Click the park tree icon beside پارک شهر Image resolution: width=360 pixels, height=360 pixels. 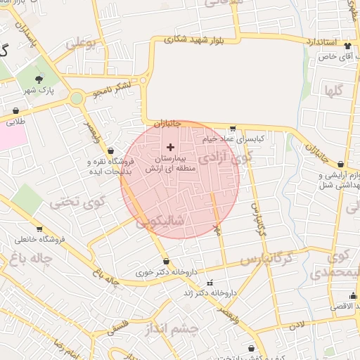click(x=39, y=79)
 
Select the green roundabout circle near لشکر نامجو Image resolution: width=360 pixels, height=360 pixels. click(x=77, y=98)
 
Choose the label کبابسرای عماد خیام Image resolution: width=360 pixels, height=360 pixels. click(x=233, y=139)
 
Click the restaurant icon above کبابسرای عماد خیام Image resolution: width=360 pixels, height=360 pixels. click(x=233, y=129)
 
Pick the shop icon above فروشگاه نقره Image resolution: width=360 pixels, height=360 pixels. click(x=111, y=150)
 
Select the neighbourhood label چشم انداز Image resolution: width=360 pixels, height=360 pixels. click(x=174, y=328)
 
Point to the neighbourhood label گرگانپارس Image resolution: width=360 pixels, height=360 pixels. click(x=268, y=259)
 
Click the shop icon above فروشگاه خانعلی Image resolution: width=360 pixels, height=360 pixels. click(x=39, y=229)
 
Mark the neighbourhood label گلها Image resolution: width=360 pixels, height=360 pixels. click(x=333, y=90)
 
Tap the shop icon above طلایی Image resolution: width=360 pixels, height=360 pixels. click(x=15, y=111)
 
